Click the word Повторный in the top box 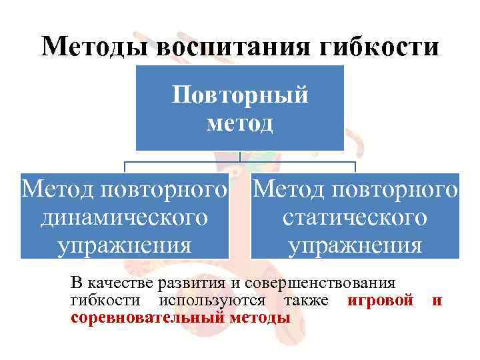tap(240, 95)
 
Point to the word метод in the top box tap(240, 123)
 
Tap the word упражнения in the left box tap(125, 245)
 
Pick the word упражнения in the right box tap(355, 245)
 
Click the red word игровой tap(381, 301)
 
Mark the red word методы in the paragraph tap(260, 317)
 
